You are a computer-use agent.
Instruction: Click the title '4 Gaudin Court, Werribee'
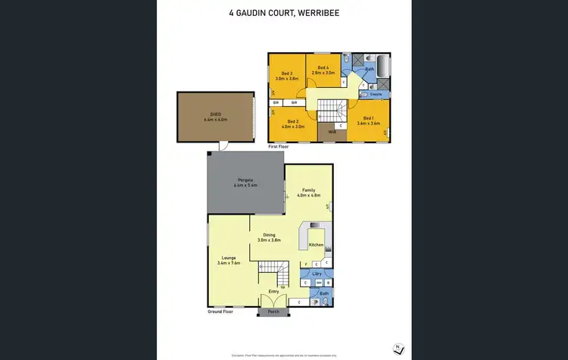coord(283,13)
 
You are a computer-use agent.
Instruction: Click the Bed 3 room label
coord(286,73)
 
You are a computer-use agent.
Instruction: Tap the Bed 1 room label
coord(368,118)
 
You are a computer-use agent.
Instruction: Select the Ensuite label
coord(375,94)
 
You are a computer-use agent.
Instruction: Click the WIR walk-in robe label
coord(332,132)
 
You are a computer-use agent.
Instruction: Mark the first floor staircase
coord(329,111)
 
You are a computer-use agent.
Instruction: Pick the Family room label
coord(308,190)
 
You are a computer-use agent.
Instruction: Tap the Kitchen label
coord(316,246)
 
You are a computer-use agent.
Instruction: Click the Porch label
coord(273,311)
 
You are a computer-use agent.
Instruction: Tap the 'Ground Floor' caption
coord(220,311)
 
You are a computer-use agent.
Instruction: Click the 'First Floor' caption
coord(279,146)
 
